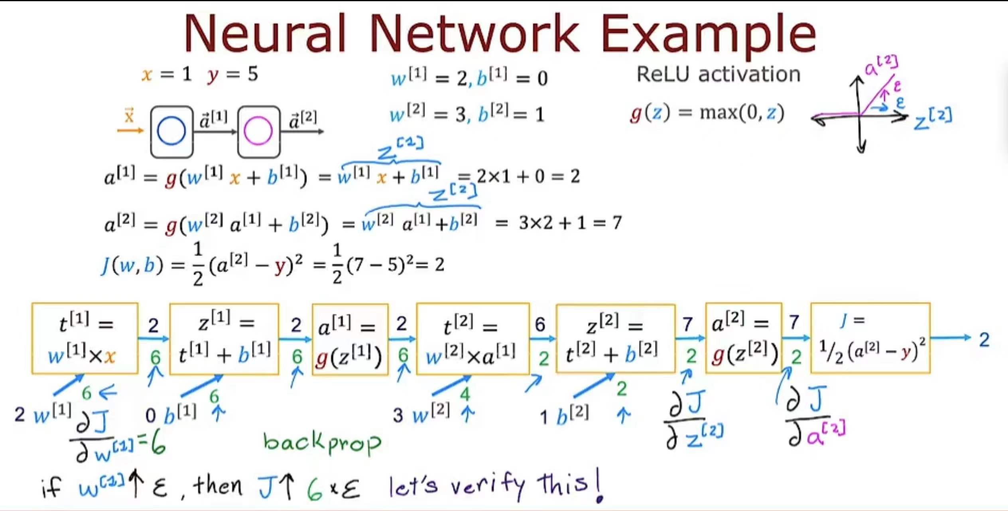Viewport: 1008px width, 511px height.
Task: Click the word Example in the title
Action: coord(709,36)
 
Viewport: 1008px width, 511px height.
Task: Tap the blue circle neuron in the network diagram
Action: coord(171,131)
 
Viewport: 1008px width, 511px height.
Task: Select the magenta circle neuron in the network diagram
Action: coord(258,131)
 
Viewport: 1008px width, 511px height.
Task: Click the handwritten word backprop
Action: coord(322,443)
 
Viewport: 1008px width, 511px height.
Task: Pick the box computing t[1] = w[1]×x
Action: coord(85,339)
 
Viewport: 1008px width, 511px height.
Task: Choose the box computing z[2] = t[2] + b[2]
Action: coord(616,339)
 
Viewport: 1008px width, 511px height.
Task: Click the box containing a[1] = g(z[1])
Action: coord(350,339)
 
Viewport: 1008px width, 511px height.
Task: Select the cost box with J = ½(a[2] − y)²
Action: coord(870,338)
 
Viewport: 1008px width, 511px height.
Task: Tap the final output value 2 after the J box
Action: coord(984,340)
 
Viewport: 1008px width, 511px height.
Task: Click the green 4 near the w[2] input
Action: coord(465,394)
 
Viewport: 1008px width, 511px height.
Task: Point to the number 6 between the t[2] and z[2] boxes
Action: coord(540,325)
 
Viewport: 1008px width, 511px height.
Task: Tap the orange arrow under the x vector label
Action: coord(130,130)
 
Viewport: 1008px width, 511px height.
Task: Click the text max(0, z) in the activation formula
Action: coord(742,113)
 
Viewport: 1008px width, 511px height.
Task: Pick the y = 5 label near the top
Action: coord(232,75)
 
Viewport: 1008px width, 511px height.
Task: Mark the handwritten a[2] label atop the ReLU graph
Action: coord(881,65)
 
